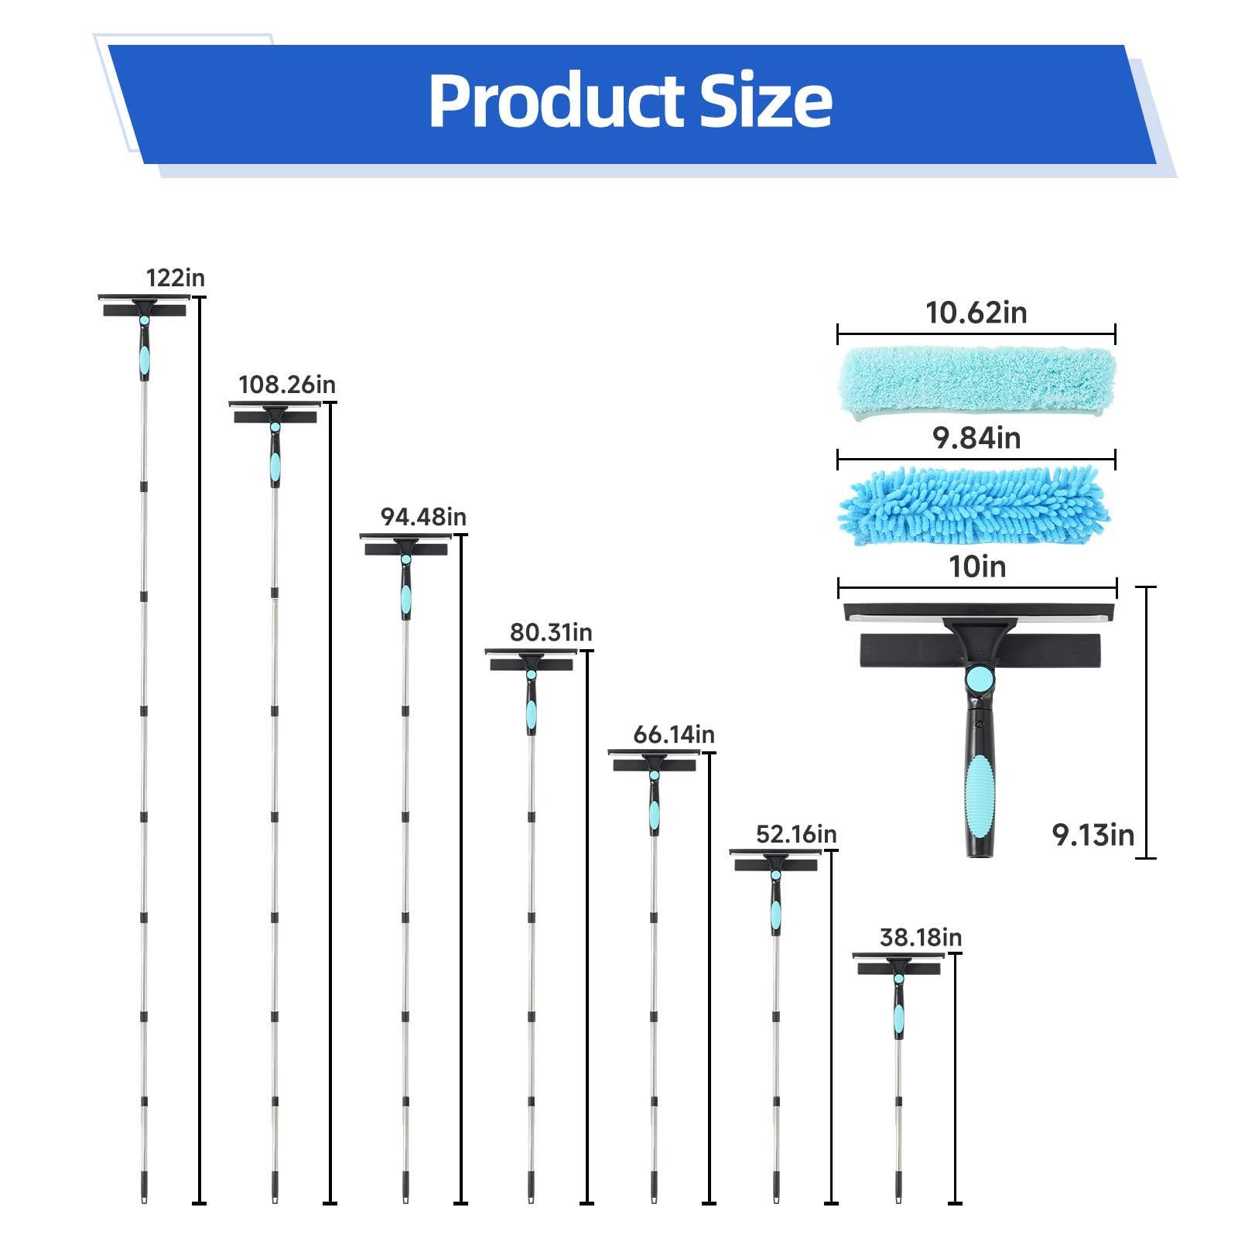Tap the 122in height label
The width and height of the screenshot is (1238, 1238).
(x=176, y=278)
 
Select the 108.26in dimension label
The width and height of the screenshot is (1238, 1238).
(x=287, y=385)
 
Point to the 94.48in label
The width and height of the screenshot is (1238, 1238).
(x=423, y=517)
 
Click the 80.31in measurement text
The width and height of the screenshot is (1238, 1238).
(x=551, y=633)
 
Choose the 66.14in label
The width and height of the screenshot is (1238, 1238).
(x=674, y=734)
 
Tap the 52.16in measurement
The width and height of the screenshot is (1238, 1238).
(x=796, y=834)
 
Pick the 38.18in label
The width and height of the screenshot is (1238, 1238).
(x=921, y=938)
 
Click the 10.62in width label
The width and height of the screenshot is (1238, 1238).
(x=976, y=313)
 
